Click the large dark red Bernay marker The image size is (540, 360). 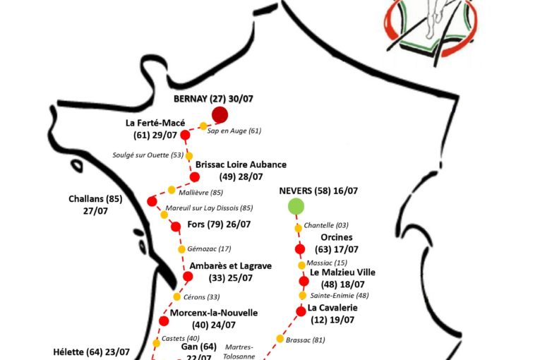coord(220,115)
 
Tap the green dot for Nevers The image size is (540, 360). coord(296,206)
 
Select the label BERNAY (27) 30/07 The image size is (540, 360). coord(213,99)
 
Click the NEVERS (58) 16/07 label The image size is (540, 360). coord(318,191)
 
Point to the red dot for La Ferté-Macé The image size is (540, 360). coord(185,135)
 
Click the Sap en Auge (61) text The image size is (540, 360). coord(234,131)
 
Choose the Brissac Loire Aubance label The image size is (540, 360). coord(241,164)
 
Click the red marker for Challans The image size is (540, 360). coord(152,201)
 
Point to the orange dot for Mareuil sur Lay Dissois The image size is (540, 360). coord(164,214)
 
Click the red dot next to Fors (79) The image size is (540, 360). coord(176,227)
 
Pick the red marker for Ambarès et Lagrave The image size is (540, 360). coord(188,277)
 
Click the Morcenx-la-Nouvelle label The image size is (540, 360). coord(214,313)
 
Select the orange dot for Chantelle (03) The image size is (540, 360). coord(298,227)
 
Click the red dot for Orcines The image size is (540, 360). coord(300,248)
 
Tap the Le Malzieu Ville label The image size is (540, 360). coord(342,272)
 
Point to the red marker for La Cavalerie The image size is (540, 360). coord(301,311)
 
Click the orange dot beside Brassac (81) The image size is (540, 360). coord(280,339)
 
